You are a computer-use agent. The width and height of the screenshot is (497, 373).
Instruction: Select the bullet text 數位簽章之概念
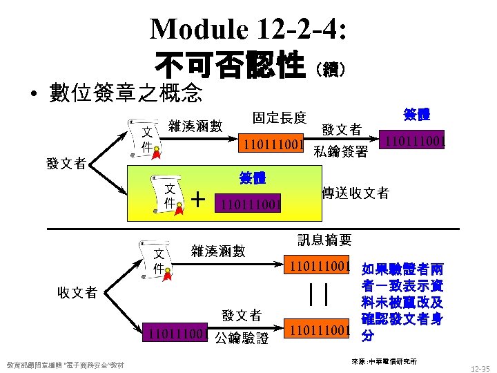coord(126,91)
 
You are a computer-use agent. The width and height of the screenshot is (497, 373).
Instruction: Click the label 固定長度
coord(279,118)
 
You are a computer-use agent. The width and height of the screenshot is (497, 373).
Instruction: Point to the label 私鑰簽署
coord(340,152)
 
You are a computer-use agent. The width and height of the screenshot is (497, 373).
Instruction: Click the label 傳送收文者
coord(355,193)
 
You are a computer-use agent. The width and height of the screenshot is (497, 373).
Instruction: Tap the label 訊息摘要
coord(324,240)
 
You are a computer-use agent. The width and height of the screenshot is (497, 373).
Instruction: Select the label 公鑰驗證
coord(241,338)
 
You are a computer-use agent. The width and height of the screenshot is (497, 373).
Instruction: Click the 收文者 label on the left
coord(77,292)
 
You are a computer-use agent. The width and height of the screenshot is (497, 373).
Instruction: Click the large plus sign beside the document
coord(199,200)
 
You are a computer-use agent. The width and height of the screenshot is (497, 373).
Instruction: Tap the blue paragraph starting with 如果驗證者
coord(402,302)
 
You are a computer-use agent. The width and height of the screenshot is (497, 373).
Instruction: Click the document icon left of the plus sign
coord(166,196)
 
